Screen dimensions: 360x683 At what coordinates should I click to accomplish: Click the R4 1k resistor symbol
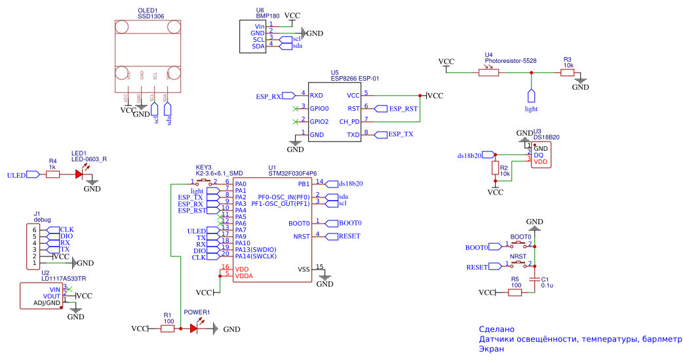53,174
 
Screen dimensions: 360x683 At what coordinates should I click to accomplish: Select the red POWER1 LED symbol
195,329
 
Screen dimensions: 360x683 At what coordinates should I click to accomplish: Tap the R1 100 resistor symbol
168,329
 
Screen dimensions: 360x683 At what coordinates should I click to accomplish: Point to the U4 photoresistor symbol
488,72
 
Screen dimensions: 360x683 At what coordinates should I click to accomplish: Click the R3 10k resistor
568,72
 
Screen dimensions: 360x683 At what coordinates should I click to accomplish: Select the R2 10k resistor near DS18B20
495,169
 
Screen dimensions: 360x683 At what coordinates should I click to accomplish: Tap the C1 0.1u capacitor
536,279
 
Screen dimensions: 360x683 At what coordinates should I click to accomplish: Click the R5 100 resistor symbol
515,292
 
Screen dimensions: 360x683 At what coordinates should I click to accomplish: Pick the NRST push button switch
518,264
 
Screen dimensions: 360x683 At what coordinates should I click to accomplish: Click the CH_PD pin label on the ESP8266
349,121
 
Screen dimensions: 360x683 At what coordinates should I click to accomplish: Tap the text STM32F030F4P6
292,173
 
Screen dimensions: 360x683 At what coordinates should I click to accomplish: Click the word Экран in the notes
492,350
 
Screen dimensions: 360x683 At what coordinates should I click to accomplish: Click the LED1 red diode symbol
81,174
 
